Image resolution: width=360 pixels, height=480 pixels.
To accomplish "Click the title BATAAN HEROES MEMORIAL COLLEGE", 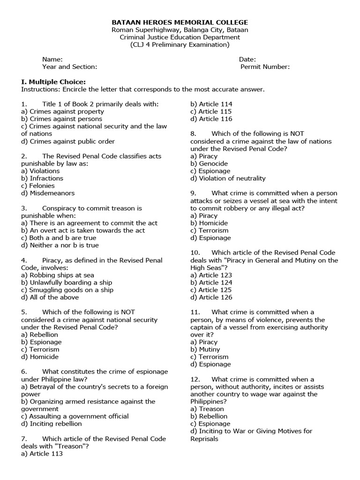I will pos(180,22).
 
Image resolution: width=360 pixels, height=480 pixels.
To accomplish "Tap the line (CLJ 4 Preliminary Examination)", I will pos(180,45).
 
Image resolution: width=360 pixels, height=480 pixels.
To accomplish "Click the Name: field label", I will pos(52,60).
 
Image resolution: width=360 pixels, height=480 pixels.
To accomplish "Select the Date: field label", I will pos(247,60).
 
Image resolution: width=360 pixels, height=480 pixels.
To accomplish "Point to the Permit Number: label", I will pos(265,67).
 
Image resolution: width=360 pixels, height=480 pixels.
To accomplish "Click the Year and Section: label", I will pos(69,67).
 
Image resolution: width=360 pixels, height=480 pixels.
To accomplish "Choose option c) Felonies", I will pos(38,186).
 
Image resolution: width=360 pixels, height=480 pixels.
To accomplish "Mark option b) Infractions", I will pos(42,178).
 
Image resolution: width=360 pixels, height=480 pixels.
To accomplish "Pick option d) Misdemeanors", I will pos(48,193).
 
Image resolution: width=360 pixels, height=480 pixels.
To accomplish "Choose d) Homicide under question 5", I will pos(40,357).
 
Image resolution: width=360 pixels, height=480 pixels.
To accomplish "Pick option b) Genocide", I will pos(209,164).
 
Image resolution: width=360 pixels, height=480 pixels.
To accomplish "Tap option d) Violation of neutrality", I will pos(228,178).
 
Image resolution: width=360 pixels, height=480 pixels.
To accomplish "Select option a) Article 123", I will pos(211,275).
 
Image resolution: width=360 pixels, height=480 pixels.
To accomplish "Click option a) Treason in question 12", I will pos(207,409).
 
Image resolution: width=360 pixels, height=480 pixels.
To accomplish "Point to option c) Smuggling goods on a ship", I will pos(67,290).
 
